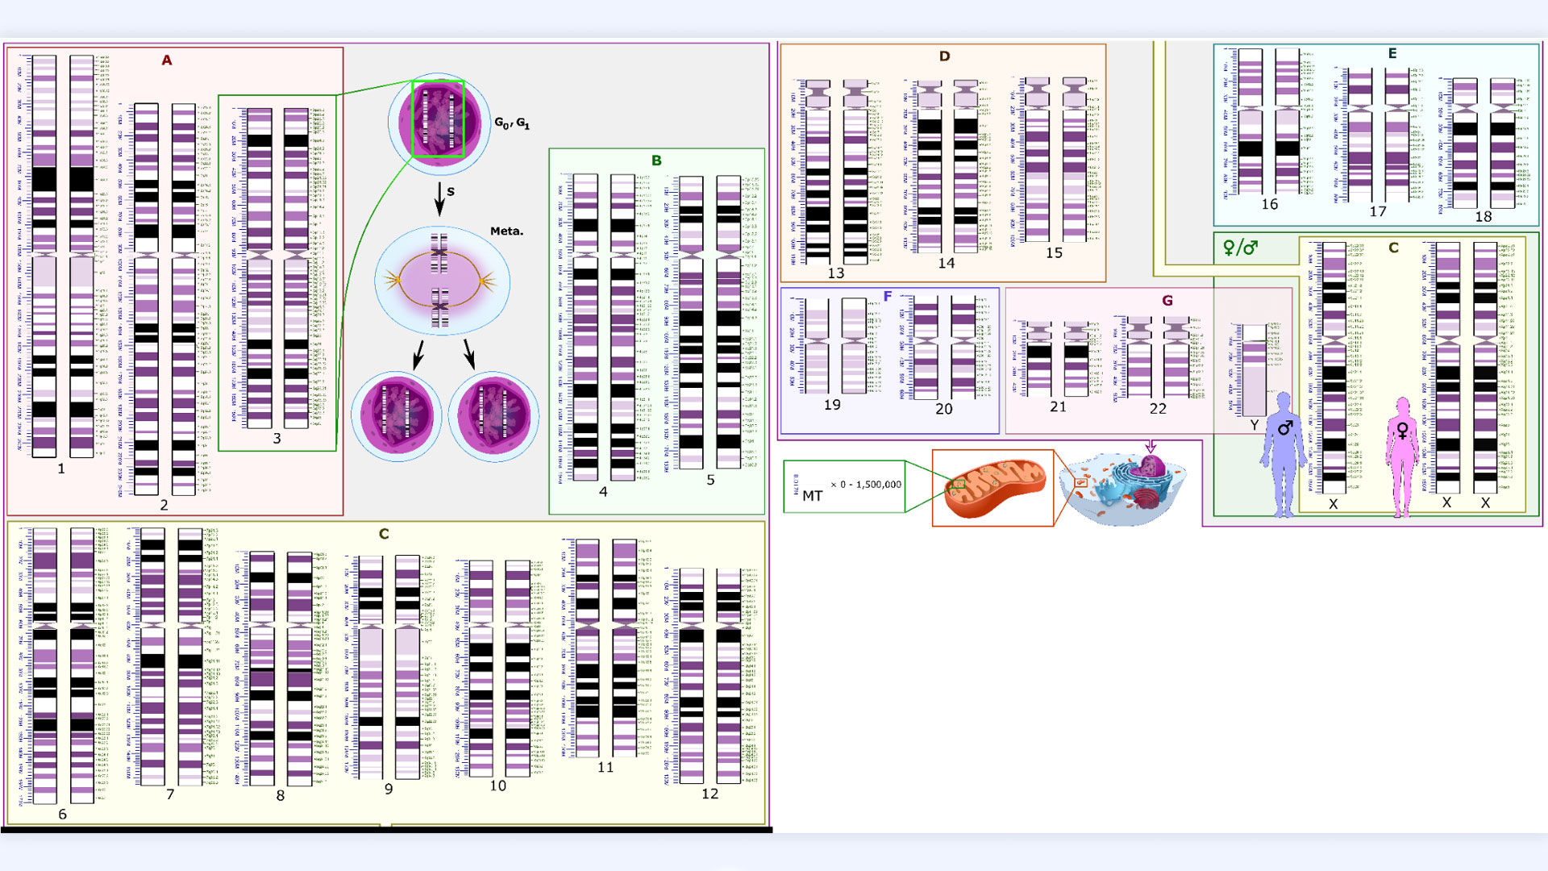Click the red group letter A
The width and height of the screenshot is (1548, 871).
167,60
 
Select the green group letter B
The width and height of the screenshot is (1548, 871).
656,160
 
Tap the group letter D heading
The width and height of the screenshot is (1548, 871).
944,56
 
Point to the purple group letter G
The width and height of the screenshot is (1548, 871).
1167,301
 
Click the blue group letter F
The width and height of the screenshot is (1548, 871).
888,297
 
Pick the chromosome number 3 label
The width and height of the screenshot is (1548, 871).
277,439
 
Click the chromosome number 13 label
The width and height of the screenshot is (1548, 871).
836,273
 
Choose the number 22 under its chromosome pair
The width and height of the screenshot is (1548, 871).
1158,409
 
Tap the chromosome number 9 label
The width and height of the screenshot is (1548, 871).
389,789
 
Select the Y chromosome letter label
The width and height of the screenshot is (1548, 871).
1254,425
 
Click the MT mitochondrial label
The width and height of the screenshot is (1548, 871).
812,496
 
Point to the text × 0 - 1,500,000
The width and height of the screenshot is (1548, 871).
866,485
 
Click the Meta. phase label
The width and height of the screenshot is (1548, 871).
506,231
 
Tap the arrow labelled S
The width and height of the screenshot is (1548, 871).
440,198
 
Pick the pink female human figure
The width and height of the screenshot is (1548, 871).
1403,456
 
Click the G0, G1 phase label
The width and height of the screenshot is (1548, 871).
512,123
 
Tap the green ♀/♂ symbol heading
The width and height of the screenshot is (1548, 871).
1240,248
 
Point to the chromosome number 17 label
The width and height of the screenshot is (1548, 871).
1378,211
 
